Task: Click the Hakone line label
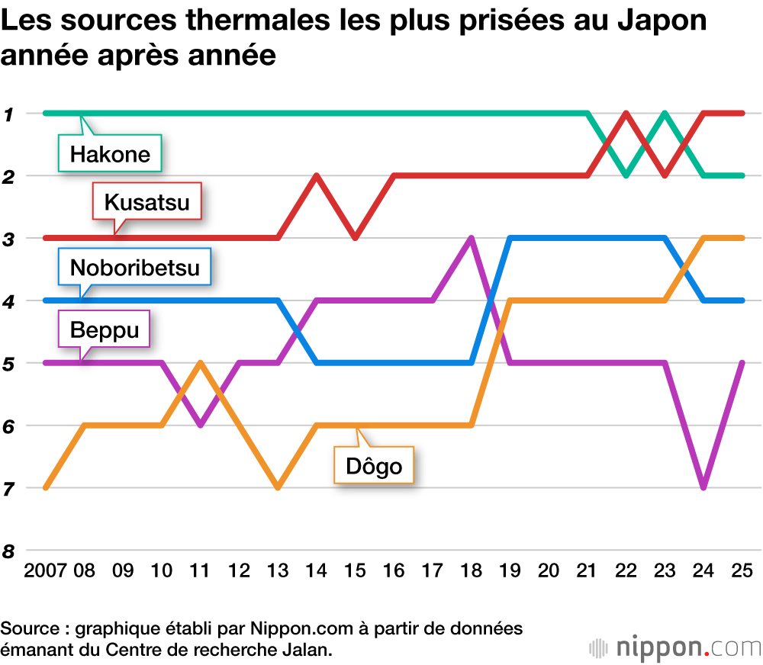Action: [x=111, y=155]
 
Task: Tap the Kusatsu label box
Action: [x=146, y=203]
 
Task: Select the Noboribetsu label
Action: [x=134, y=267]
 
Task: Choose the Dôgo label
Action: [x=374, y=465]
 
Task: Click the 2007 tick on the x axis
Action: [x=45, y=570]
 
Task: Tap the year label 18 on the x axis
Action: [x=471, y=570]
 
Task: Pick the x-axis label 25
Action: [x=742, y=570]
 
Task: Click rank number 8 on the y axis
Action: [x=10, y=551]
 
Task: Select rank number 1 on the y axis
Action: [x=10, y=114]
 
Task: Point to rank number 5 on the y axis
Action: [x=10, y=363]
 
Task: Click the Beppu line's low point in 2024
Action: [x=703, y=487]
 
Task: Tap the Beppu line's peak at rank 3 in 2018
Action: [x=472, y=239]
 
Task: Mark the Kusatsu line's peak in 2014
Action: [x=317, y=176]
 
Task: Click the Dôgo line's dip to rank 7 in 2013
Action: [x=278, y=487]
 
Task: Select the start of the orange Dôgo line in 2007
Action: [x=47, y=487]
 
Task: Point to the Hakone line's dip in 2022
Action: [x=626, y=175]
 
